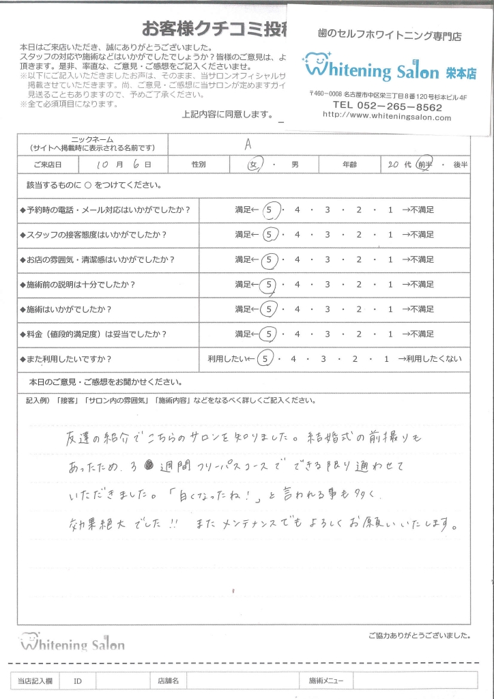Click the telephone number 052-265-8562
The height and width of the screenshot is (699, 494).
(387, 106)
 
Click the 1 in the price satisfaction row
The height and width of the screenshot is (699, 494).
(390, 334)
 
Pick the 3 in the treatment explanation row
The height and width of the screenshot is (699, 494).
(328, 284)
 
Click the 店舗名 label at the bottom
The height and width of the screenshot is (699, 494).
(167, 681)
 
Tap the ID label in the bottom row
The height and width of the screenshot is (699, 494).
(78, 681)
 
